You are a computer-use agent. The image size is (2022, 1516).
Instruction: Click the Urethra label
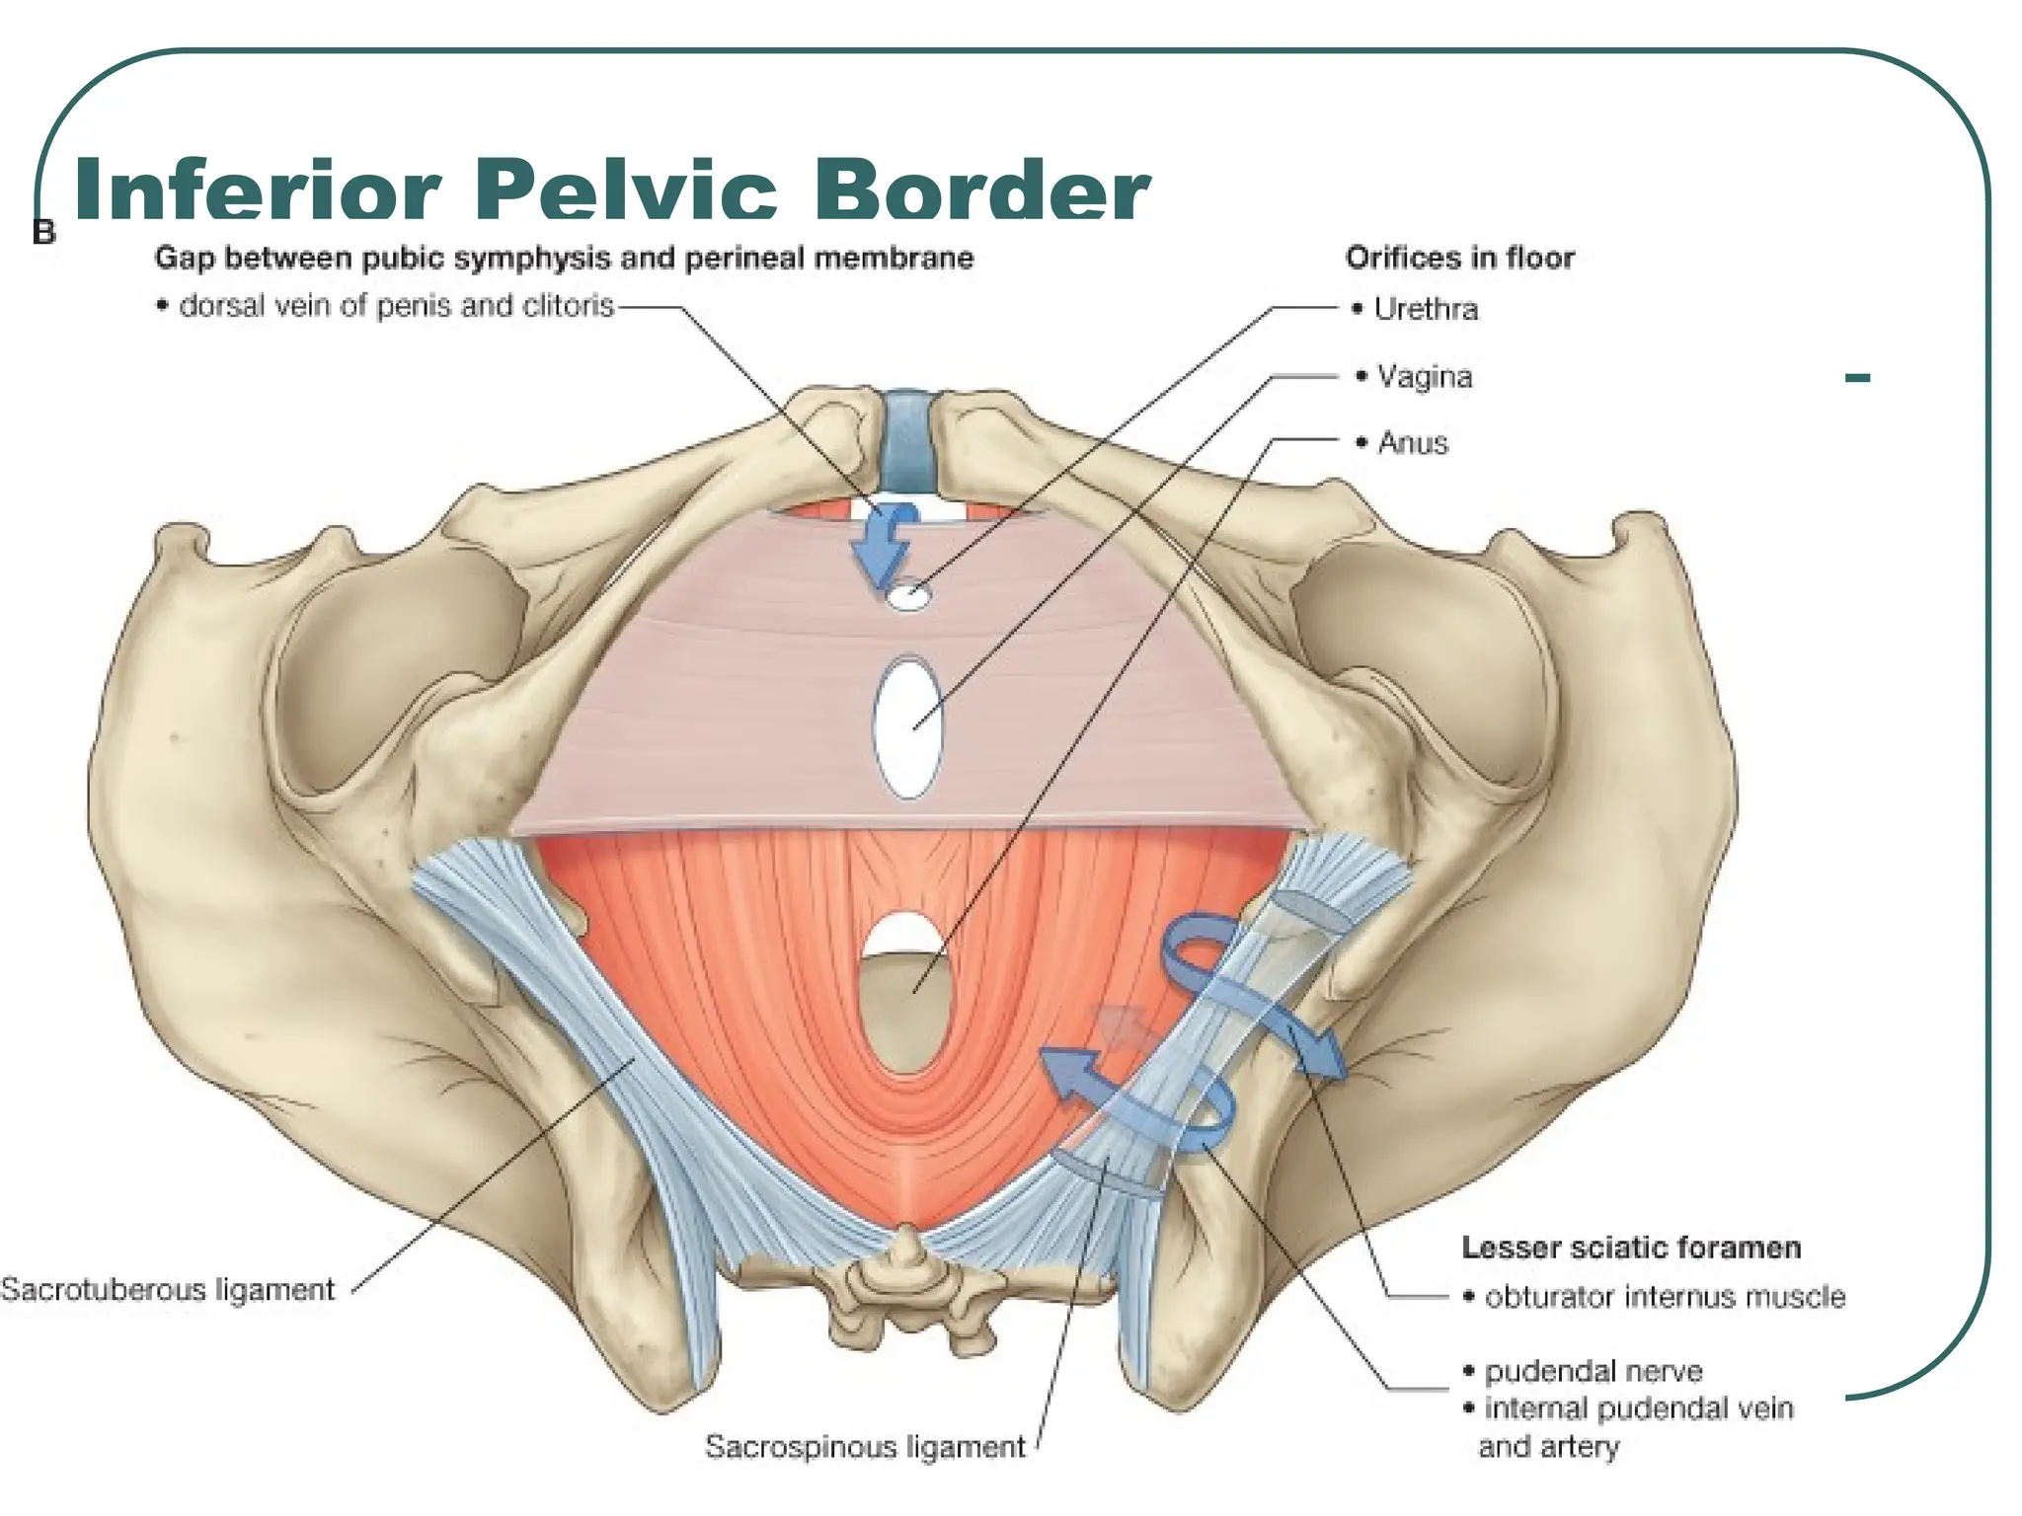click(x=1426, y=309)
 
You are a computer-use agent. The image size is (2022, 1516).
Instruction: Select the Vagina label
click(x=1425, y=376)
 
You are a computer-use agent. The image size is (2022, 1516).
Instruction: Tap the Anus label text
click(x=1413, y=442)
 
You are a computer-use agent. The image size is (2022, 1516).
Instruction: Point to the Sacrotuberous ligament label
click(x=168, y=1289)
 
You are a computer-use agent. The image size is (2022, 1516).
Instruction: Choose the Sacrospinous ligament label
click(x=865, y=1446)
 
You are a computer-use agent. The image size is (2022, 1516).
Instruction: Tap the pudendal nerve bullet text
click(x=1594, y=1371)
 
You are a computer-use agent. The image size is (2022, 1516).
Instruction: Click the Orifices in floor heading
click(x=1459, y=258)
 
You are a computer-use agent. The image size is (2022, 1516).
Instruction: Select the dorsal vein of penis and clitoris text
click(x=397, y=306)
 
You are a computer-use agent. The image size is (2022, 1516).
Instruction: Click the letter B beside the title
click(x=44, y=233)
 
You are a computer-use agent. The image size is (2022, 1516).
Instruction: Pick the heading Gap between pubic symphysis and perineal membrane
click(x=564, y=258)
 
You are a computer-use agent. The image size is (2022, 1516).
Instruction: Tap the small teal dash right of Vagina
click(x=1857, y=377)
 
